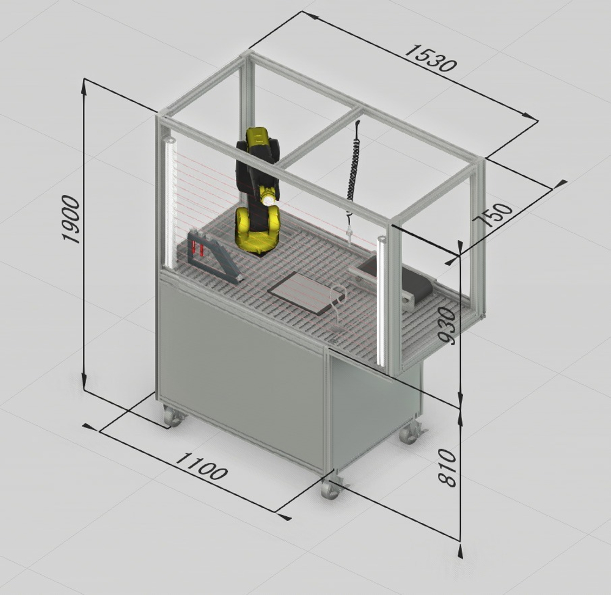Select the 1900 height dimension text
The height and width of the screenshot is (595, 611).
point(71,220)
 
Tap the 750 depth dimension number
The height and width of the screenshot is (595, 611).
point(494,214)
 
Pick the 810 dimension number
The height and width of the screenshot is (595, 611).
point(447,468)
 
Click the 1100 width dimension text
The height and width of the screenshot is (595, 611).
point(200,465)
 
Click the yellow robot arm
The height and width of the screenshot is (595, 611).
point(258,192)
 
